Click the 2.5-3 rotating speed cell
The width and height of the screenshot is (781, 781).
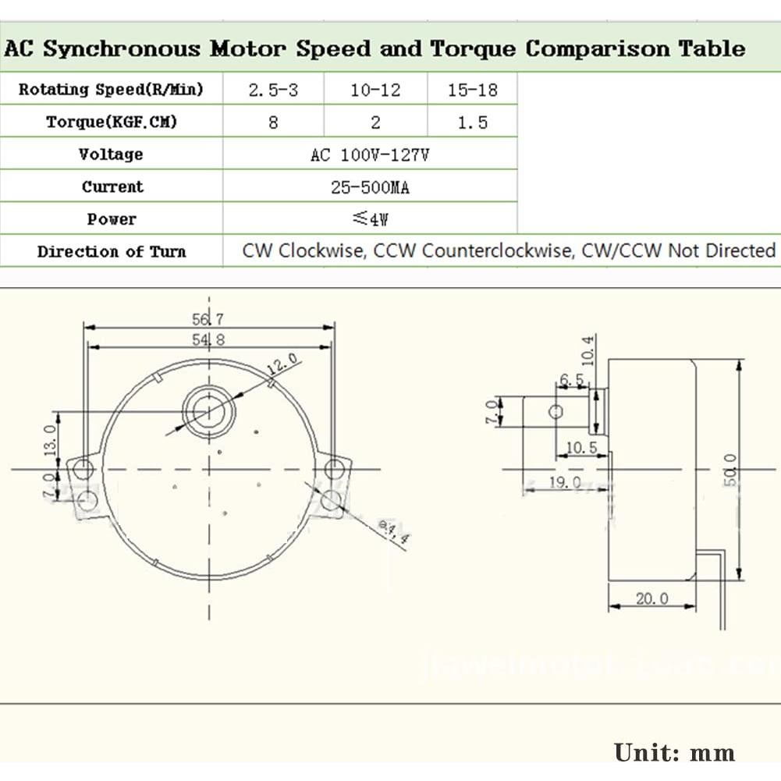point(273,90)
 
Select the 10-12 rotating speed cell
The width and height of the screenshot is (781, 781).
point(375,90)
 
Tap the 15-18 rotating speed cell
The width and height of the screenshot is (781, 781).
point(472,90)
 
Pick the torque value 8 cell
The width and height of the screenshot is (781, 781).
point(273,122)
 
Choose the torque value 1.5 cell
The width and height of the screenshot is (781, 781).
point(472,122)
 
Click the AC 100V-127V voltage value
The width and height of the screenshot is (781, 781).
point(370,154)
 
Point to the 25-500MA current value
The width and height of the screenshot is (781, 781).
point(370,187)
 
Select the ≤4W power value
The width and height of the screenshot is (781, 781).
point(370,219)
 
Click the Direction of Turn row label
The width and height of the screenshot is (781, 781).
point(112,251)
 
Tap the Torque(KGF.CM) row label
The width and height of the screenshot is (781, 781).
point(112,122)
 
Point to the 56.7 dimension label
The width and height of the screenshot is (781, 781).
point(208,318)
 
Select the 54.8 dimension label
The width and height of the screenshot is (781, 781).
point(208,339)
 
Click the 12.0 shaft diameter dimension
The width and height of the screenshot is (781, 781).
point(282,364)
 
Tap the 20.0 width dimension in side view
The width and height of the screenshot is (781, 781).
point(651,598)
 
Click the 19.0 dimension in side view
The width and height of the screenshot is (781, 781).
point(564,482)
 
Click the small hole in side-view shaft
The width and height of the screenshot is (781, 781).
point(556,411)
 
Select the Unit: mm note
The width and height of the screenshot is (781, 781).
point(674,752)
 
